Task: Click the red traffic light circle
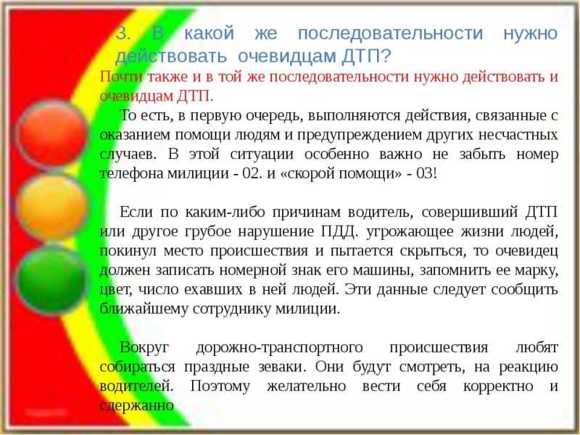click(x=51, y=133)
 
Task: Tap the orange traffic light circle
click(x=51, y=207)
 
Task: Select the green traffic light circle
click(x=51, y=279)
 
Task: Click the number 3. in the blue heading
click(x=123, y=33)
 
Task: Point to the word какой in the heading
click(x=209, y=33)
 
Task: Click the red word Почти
click(x=121, y=77)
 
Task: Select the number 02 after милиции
click(x=252, y=173)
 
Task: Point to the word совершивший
click(x=469, y=212)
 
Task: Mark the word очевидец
click(x=527, y=251)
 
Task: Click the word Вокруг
click(x=144, y=348)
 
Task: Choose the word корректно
click(x=498, y=386)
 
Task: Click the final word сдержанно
click(x=137, y=406)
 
